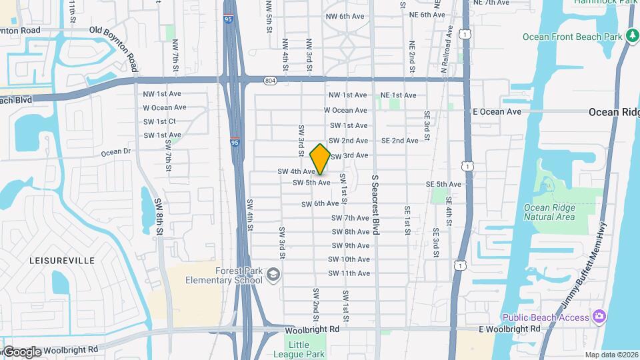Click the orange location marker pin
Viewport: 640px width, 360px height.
[x=320, y=159]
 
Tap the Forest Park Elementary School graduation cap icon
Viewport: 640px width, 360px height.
[x=273, y=275]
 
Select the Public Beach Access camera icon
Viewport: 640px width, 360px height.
[x=599, y=316]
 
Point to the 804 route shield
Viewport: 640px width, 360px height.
[x=269, y=80]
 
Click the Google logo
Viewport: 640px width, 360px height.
[x=22, y=351]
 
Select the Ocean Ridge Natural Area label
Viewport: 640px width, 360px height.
[x=549, y=211]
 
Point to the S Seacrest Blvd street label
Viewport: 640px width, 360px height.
[x=375, y=205]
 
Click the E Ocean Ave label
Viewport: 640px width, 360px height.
[x=497, y=111]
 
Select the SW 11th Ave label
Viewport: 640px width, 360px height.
[x=349, y=273]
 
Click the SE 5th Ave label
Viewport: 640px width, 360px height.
[x=443, y=184]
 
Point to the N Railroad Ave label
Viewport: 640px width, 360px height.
[x=445, y=50]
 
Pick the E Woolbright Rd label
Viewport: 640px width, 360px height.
[x=509, y=329]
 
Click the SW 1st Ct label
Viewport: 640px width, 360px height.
[x=159, y=121]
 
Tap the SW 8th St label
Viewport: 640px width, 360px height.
[x=159, y=216]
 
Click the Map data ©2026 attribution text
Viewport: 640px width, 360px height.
[x=611, y=355]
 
